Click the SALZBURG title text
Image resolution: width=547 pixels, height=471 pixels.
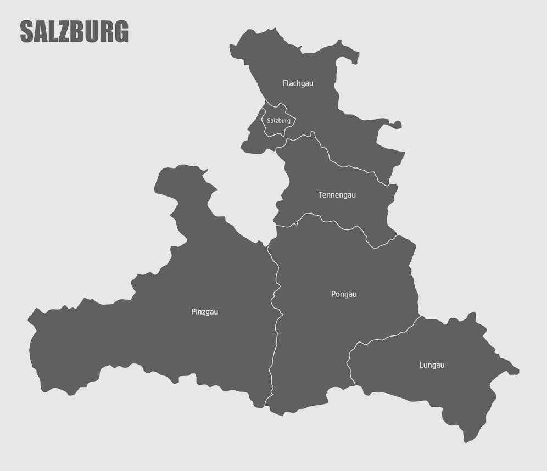click(x=74, y=32)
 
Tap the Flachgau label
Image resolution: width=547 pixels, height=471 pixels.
click(x=298, y=83)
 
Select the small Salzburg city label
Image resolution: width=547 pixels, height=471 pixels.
click(x=278, y=121)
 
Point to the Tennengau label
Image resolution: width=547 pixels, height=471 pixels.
click(x=337, y=195)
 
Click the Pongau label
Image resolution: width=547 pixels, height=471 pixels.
click(x=344, y=294)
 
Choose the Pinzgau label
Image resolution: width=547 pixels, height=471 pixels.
click(x=204, y=312)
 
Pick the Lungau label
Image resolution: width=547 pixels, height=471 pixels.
click(x=432, y=365)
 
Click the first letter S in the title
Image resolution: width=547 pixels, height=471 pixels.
click(x=26, y=32)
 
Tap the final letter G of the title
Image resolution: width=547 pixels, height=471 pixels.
click(x=121, y=32)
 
